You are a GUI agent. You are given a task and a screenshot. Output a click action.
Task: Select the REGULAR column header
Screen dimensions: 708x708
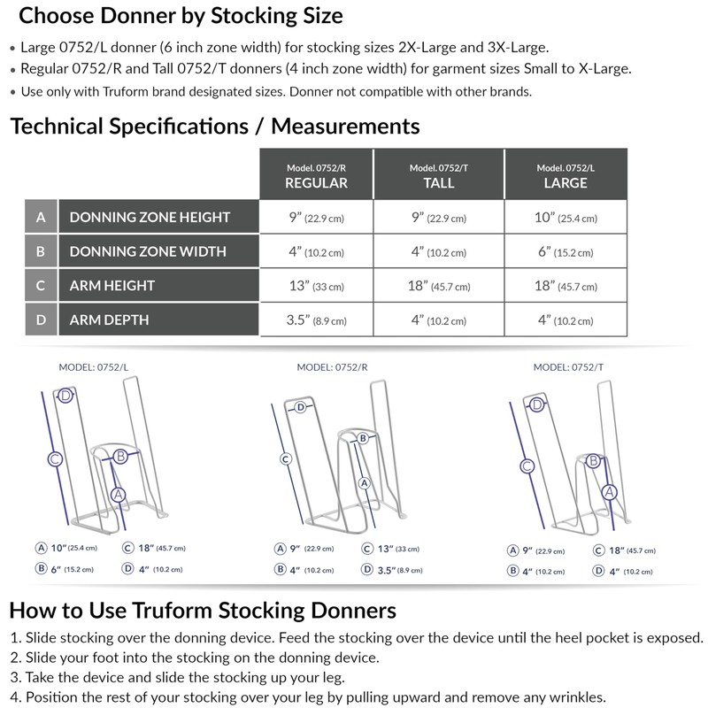(316, 175)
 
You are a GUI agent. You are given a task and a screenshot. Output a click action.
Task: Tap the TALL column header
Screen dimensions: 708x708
(439, 175)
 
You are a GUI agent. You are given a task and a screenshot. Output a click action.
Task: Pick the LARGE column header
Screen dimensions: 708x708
(566, 175)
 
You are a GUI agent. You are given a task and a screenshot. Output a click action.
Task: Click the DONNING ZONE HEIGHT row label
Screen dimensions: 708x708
(150, 218)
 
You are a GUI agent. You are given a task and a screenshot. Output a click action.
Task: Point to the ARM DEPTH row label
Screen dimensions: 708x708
(110, 319)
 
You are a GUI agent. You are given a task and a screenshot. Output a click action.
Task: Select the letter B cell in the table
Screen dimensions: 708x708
(41, 251)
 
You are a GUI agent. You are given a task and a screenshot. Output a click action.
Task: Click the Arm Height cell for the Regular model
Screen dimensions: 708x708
(316, 286)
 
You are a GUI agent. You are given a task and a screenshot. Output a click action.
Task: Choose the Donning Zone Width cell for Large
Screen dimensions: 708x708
(566, 251)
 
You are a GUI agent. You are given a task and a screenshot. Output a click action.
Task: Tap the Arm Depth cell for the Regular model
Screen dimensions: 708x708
(316, 319)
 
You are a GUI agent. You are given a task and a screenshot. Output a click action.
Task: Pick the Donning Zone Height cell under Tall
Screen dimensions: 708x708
(439, 218)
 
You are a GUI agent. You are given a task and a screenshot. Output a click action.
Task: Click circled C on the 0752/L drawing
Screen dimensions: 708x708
(54, 458)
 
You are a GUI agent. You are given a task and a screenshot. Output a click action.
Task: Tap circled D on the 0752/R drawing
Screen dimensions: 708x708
(301, 407)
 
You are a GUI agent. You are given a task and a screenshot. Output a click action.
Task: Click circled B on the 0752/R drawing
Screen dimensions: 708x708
(362, 438)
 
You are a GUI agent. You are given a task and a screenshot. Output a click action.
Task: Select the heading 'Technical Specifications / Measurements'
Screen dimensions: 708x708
(215, 126)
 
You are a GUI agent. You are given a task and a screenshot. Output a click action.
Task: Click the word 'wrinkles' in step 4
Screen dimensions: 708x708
(573, 696)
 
